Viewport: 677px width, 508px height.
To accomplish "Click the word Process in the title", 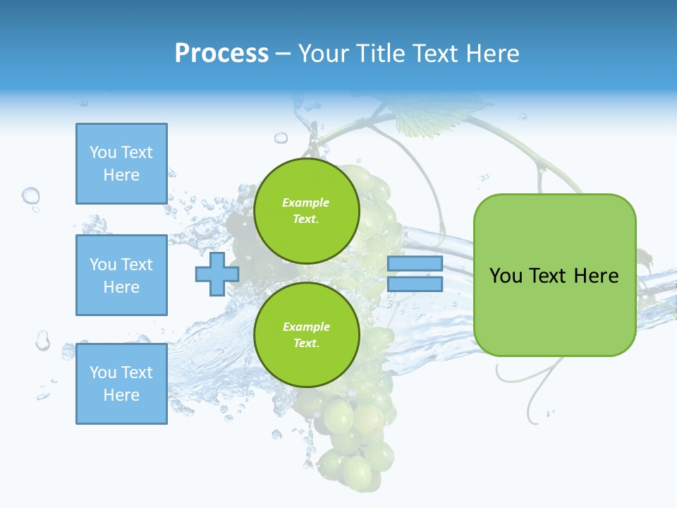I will pos(221,53).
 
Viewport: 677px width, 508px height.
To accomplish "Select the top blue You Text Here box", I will pos(121,164).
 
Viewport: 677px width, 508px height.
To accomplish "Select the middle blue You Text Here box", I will pos(121,275).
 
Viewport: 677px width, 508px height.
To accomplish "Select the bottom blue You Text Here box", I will pos(121,384).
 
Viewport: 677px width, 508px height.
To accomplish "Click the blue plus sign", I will pos(217,274).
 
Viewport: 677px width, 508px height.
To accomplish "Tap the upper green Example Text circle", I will pos(306,210).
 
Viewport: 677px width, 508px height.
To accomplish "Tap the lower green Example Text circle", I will pos(306,334).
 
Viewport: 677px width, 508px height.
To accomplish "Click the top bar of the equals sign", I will pos(415,264).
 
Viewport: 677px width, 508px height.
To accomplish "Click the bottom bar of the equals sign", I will pos(415,284).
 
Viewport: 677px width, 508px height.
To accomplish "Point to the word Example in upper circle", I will pos(305,202).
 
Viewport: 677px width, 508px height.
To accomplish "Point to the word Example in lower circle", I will pos(305,327).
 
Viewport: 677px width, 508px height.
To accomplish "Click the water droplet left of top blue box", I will pos(30,195).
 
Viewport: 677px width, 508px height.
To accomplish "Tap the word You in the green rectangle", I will pos(506,276).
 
